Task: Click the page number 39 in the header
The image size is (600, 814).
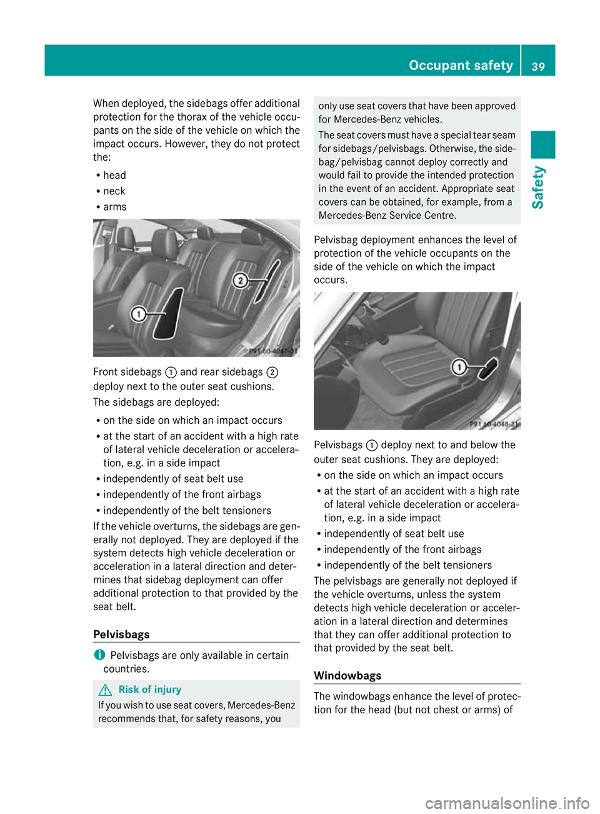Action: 538,66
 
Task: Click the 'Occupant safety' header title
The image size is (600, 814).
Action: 461,65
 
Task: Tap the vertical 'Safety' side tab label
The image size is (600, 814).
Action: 538,187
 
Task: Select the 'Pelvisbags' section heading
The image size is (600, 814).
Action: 121,635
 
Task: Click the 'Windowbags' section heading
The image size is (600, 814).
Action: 347,676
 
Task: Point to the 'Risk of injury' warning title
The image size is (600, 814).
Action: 150,690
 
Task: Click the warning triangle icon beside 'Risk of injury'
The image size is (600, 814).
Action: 106,690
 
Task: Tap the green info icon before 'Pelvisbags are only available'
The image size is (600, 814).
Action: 99,655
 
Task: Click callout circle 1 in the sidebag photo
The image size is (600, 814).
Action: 138,314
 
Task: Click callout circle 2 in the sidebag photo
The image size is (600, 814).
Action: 240,280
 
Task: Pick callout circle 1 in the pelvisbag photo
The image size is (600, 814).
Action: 459,367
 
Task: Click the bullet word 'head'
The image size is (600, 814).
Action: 115,176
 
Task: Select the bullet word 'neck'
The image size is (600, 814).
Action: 114,191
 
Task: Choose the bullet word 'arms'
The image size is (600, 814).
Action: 115,207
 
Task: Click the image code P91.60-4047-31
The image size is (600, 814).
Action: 273,351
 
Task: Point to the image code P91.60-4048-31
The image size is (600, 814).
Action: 494,425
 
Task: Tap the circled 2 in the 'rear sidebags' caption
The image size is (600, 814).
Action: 272,373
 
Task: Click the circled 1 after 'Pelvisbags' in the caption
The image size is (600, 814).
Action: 372,446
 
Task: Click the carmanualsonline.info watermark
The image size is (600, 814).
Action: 507,803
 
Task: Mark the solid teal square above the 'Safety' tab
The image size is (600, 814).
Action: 543,144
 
